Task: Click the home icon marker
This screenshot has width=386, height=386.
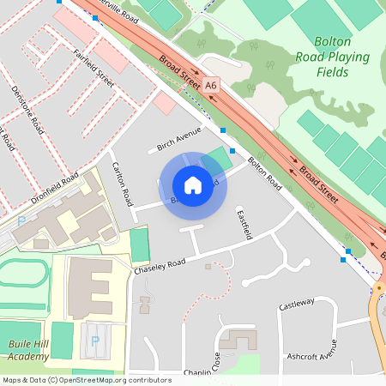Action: (193, 184)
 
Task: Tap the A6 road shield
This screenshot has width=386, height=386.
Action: (211, 84)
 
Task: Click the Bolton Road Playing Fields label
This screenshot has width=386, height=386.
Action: (342, 57)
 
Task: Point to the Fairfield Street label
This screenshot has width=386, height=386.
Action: (95, 66)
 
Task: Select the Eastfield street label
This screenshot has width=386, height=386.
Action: (244, 224)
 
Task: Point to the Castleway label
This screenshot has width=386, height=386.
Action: (298, 305)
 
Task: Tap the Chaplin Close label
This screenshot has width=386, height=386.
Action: (203, 373)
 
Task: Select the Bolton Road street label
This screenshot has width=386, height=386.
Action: (264, 172)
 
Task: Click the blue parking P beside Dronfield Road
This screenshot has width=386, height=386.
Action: (21, 220)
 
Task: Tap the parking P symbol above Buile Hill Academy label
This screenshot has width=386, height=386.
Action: (94, 341)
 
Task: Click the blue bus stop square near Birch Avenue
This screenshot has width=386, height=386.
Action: (222, 130)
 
